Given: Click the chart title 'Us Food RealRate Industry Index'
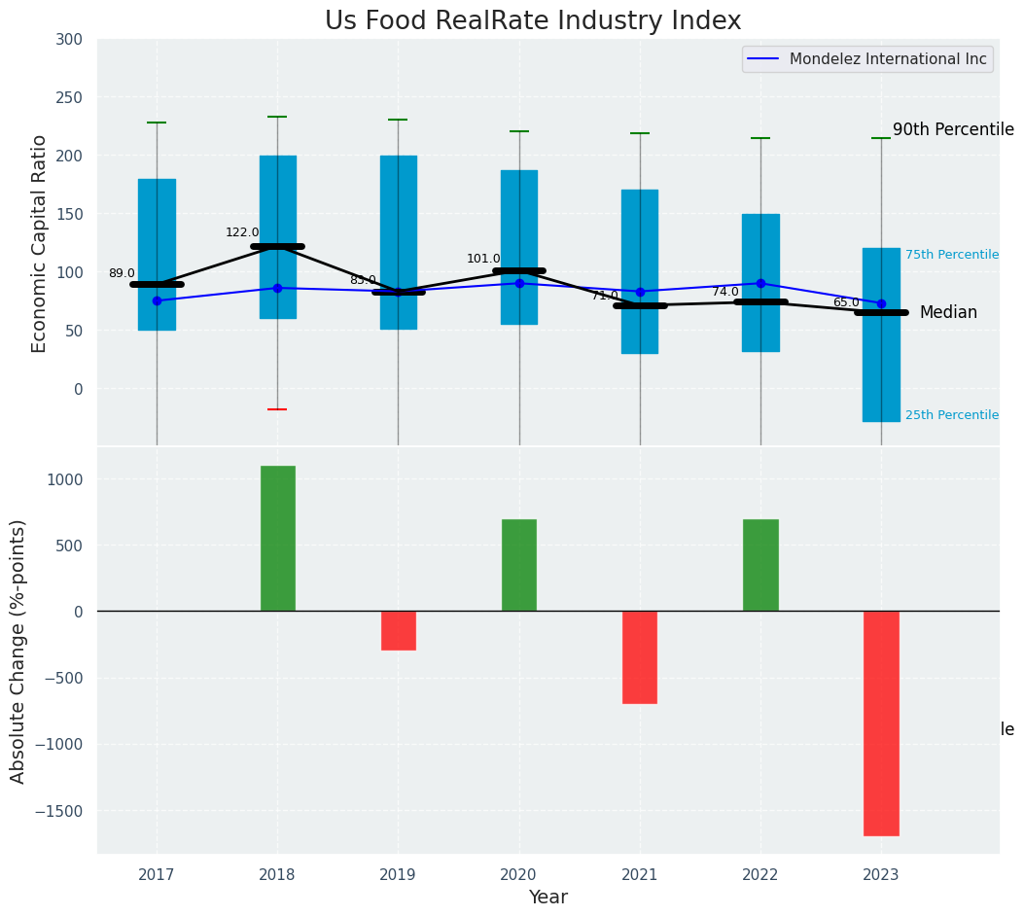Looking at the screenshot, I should [533, 21].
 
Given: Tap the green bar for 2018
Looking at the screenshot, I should [278, 539].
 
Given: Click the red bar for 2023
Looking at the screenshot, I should [881, 722].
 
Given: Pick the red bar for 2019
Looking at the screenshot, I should [399, 630].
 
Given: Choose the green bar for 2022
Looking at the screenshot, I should [760, 565].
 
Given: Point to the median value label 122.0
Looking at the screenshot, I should [242, 232].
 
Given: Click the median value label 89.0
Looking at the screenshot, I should [122, 274].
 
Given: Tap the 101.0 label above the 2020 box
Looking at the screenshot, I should [483, 259].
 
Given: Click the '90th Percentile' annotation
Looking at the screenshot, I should [953, 130].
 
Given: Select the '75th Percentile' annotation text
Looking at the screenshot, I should [952, 255].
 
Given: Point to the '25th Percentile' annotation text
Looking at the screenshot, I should [952, 415].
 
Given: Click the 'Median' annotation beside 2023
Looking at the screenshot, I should [948, 313].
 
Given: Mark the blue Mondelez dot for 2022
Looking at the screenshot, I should [760, 284].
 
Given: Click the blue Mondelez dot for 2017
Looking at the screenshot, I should [157, 300].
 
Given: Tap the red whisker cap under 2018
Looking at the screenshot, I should [277, 409].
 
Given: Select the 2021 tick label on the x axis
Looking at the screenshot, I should [640, 875].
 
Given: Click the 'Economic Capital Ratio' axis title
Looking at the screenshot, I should [40, 243].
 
